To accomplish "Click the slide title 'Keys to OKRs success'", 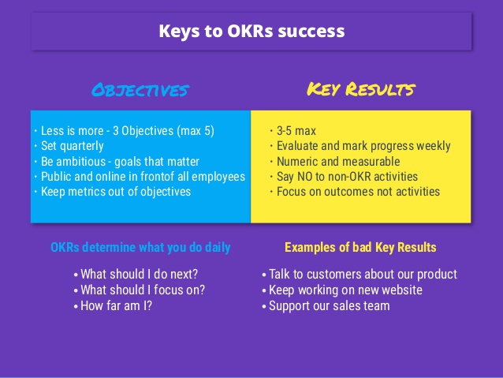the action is coord(251,32).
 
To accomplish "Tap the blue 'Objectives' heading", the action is coord(140,90).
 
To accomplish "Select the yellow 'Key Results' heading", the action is coord(361,89).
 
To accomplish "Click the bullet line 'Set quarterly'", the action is coord(73,146).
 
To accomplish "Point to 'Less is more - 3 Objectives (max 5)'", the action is coord(128,131).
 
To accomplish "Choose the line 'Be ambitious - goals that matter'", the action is coord(120,162).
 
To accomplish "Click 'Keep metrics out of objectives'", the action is coord(116,192).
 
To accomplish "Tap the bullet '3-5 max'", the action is coord(296,131).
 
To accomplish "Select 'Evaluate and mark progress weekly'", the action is coord(363,146).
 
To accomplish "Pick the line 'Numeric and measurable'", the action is coord(338,162).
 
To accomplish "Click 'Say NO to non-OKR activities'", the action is coord(348,177).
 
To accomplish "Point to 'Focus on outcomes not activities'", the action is coord(358,192).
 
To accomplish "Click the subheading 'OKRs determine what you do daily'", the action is coord(140,248).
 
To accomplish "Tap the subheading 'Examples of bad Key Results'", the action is coord(360,248).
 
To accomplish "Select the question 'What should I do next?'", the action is coord(140,275).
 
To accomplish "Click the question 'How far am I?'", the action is coord(116,305).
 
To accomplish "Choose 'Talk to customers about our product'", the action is coord(363,275).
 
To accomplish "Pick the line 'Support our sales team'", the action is coord(330,306).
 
